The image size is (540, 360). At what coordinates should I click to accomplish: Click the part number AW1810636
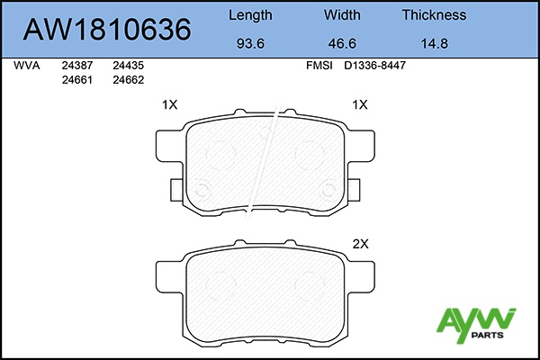click(107, 30)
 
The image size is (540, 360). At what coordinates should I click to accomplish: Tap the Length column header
click(250, 15)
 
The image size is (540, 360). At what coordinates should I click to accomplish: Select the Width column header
click(342, 15)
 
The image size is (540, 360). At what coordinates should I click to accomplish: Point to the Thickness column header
click(435, 15)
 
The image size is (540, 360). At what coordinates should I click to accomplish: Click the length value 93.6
click(250, 44)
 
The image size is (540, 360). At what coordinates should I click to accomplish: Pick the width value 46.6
click(342, 44)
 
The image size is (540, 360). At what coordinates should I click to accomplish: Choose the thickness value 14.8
click(435, 44)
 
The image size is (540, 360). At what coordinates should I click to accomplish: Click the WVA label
click(27, 66)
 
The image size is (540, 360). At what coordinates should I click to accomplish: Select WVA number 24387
click(77, 66)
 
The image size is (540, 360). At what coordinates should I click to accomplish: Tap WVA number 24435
click(129, 66)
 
